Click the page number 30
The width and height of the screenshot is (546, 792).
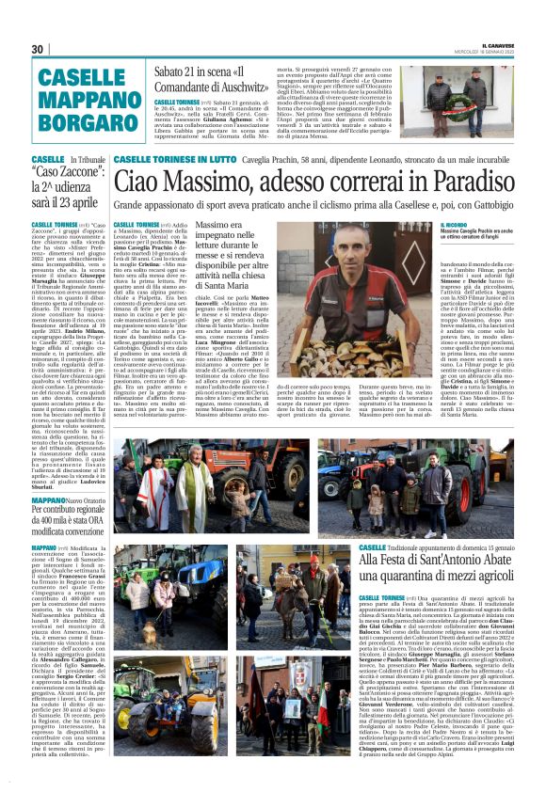pyautogui.click(x=38, y=49)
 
